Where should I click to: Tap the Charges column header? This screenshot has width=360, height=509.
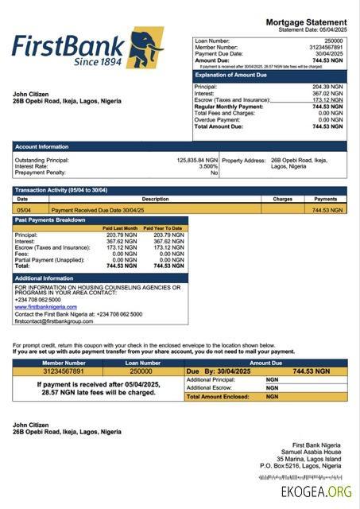coord(282,199)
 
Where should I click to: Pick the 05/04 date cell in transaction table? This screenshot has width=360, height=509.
coord(24,209)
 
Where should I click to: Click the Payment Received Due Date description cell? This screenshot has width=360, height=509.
coord(111,209)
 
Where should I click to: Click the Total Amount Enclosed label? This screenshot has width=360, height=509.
coord(220,396)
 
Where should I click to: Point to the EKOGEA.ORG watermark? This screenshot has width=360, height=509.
coord(316,492)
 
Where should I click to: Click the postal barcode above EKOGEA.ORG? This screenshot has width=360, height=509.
coord(304,477)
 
